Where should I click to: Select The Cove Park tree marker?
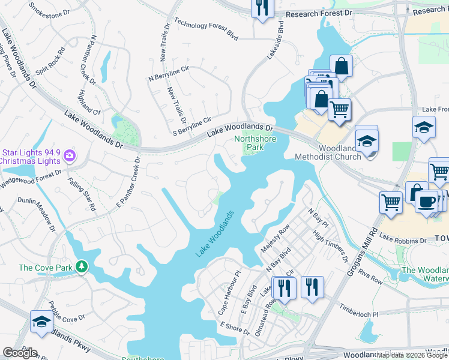[80, 267]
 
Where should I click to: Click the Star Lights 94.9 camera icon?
[71, 156]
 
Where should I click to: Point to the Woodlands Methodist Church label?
[328, 152]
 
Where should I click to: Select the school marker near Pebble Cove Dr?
[41, 323]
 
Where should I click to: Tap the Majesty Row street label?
[276, 238]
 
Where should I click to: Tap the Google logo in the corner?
[20, 353]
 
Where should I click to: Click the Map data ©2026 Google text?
[412, 355]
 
